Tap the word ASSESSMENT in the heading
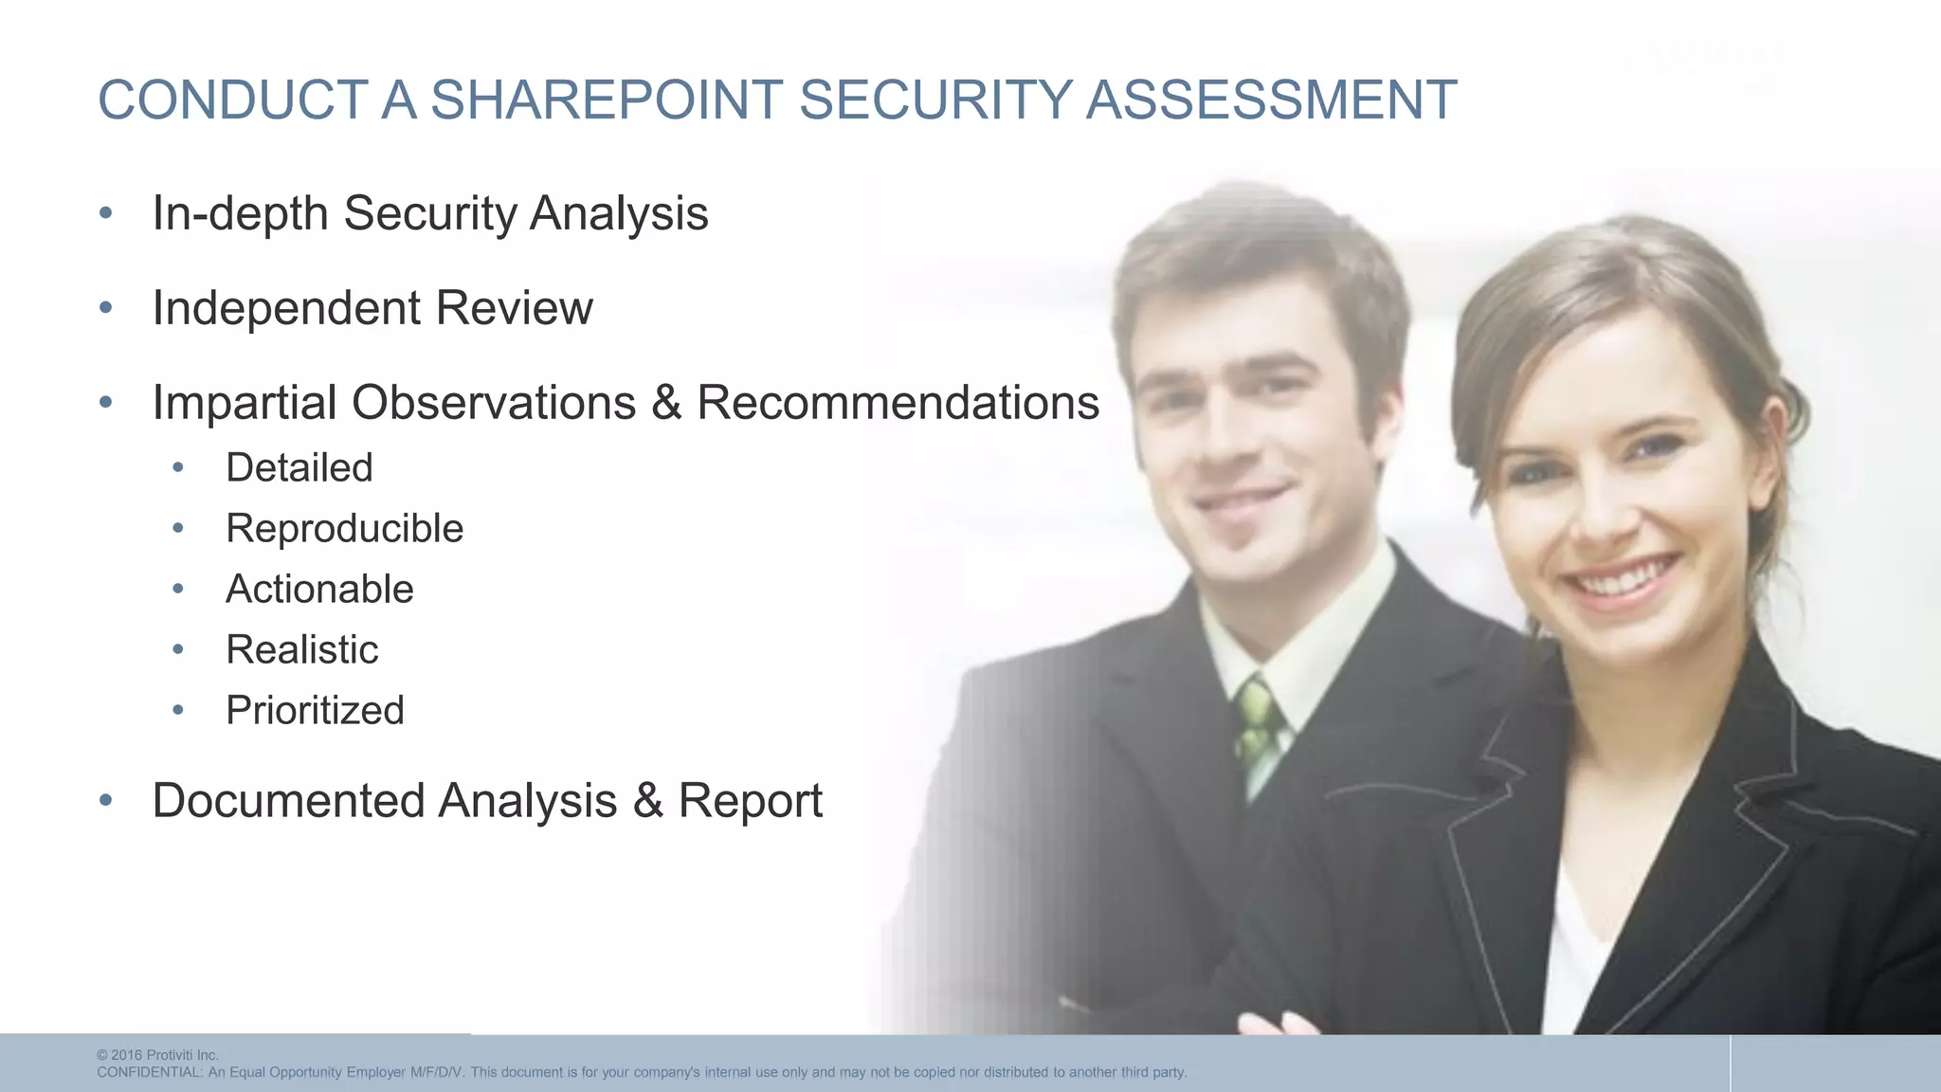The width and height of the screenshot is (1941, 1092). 1271,100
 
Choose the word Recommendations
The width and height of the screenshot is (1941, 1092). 898,403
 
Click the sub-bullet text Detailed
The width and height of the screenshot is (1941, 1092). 299,467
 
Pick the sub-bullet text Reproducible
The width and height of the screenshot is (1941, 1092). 344,528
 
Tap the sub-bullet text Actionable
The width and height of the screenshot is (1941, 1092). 319,589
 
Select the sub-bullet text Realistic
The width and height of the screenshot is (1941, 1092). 301,649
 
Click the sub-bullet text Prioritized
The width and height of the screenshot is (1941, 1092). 315,710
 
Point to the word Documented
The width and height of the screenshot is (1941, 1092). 287,801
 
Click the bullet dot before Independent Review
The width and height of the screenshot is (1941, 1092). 106,308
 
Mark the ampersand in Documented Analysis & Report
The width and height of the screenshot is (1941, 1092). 647,801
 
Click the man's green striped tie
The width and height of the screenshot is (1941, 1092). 1258,725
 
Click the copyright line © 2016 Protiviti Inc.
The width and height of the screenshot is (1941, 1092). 157,1055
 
